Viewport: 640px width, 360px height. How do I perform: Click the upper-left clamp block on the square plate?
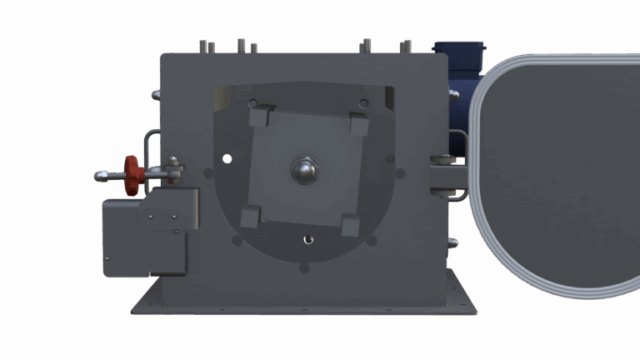point(261,115)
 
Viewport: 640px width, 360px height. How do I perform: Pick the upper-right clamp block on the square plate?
point(358,124)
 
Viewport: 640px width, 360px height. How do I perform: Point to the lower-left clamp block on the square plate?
point(251,217)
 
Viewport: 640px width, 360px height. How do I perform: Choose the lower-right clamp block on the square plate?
point(351,225)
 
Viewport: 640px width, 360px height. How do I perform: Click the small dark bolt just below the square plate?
point(308,239)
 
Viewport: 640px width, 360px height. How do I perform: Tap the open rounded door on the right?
point(554,175)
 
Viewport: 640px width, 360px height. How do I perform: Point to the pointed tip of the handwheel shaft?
point(99,176)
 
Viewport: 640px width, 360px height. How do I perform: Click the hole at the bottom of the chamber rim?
point(303,268)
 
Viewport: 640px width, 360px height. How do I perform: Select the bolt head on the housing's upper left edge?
point(156,95)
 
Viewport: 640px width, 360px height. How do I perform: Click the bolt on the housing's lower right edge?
point(452,243)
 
